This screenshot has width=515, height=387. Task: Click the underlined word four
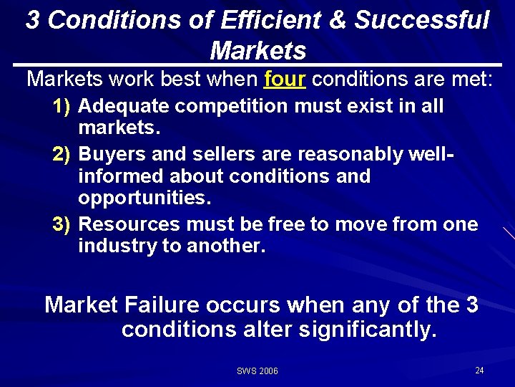coord(284,80)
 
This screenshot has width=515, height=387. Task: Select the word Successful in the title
coord(422,20)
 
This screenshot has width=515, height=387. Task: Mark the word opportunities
coord(140,198)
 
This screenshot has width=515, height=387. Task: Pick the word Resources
coord(129,224)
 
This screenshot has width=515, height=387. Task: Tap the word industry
coord(116,247)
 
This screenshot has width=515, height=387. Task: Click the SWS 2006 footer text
coord(257,371)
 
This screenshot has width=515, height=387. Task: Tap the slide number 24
coord(479,370)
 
